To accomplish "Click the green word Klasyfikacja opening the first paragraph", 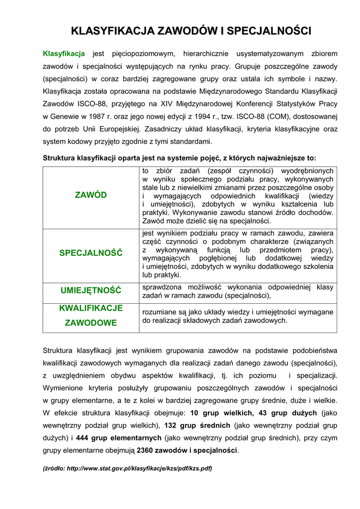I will (x=64, y=53).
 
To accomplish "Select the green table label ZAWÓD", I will (x=90, y=195).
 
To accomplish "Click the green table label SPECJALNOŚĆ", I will (x=90, y=253).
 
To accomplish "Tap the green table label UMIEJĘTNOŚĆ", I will (x=90, y=290).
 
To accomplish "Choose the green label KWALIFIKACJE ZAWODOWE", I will (x=90, y=315).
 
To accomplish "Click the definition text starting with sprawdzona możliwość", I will (x=238, y=291).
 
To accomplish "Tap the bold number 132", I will (x=171, y=425).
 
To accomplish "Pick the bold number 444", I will (x=83, y=438).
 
